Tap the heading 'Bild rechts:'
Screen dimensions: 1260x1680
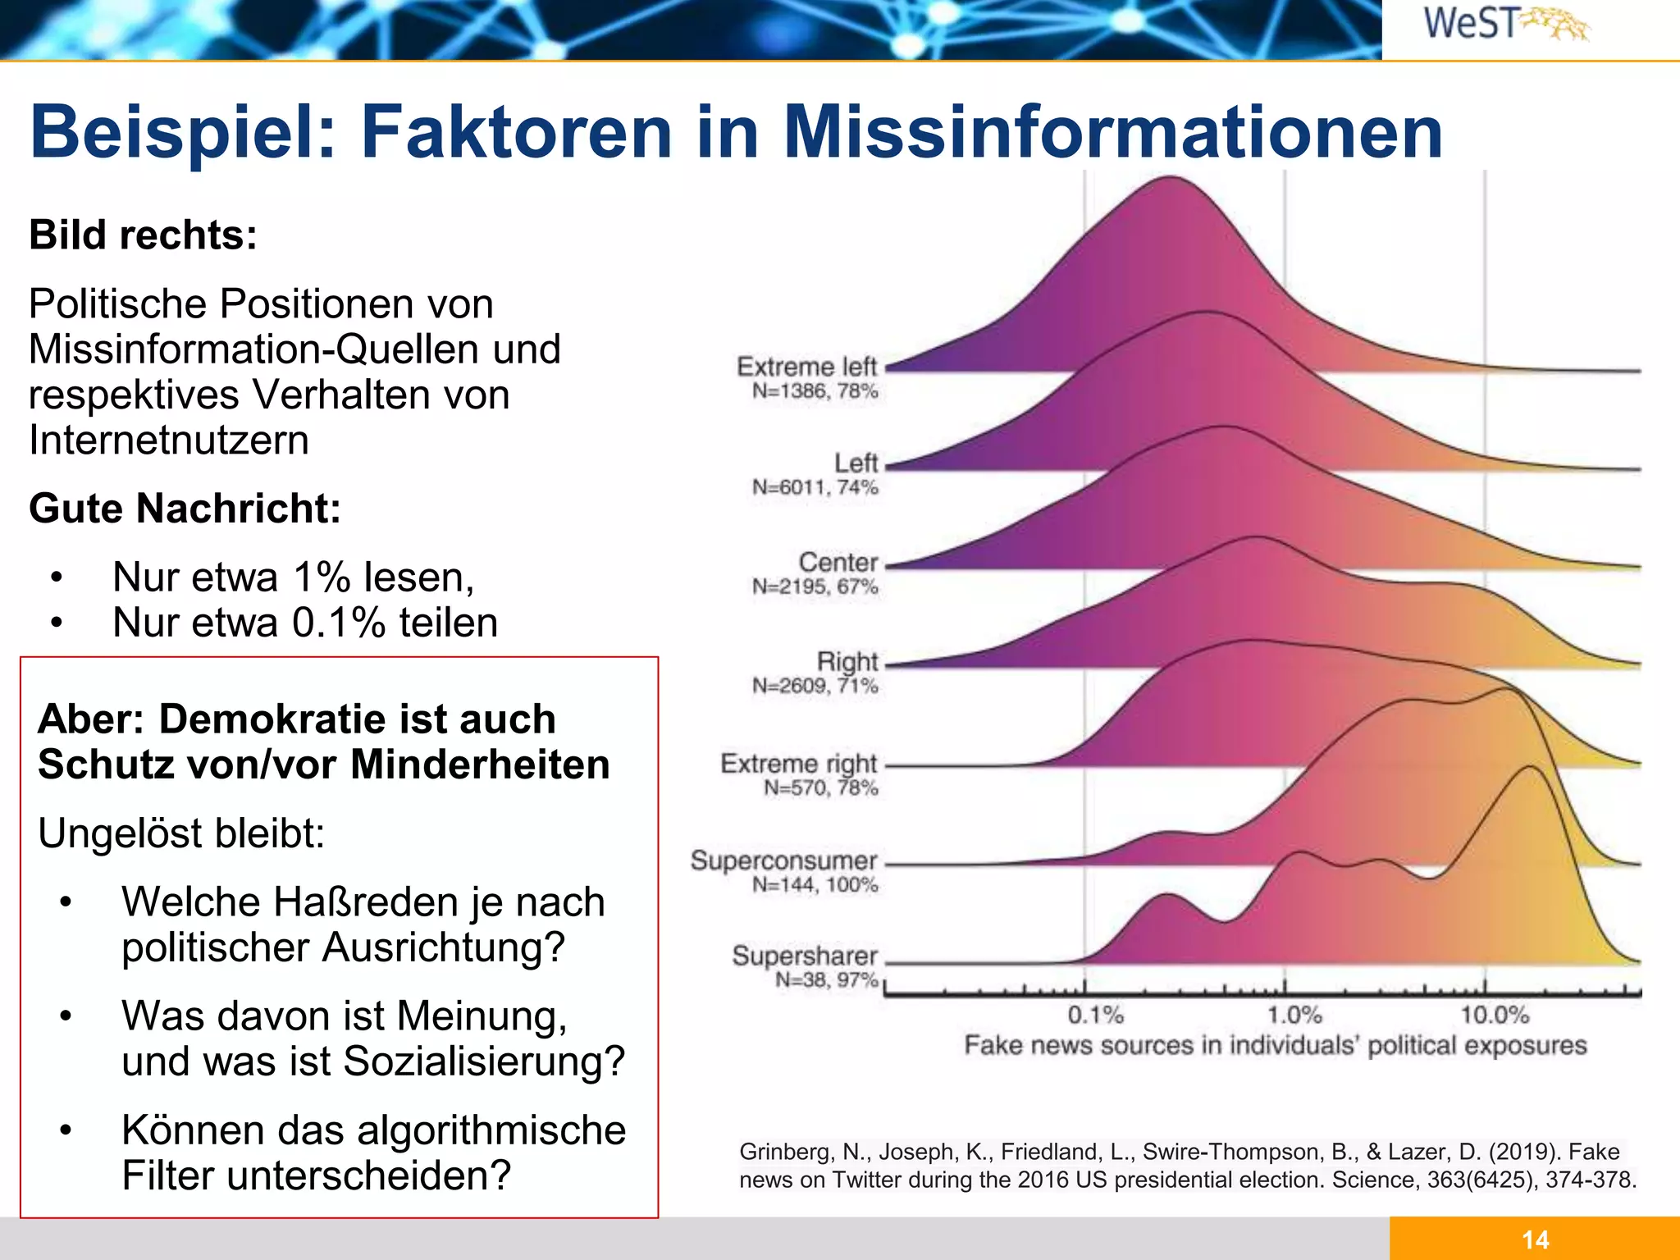[x=144, y=235]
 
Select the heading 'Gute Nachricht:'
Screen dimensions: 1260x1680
[x=185, y=509]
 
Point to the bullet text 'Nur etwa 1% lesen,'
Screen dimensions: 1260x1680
[x=293, y=577]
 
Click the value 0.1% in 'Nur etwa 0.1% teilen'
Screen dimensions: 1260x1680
[x=338, y=623]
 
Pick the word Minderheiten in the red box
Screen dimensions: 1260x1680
[x=480, y=765]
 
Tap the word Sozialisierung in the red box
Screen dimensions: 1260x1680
[x=484, y=1061]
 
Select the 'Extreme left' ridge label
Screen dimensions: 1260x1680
[x=806, y=367]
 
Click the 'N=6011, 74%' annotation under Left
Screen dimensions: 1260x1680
[x=815, y=488]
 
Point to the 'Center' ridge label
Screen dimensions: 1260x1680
[x=838, y=563]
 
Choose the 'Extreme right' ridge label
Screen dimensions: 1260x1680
[x=798, y=764]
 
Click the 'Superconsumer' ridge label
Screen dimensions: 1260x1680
[x=783, y=861]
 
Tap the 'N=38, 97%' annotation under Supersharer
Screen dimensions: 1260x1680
[x=826, y=980]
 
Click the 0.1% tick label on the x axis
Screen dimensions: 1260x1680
[x=1095, y=1016]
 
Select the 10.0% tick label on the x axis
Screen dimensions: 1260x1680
[x=1495, y=1016]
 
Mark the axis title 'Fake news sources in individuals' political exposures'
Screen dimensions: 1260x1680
[x=1275, y=1046]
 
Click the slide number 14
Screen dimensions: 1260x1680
[x=1535, y=1239]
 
